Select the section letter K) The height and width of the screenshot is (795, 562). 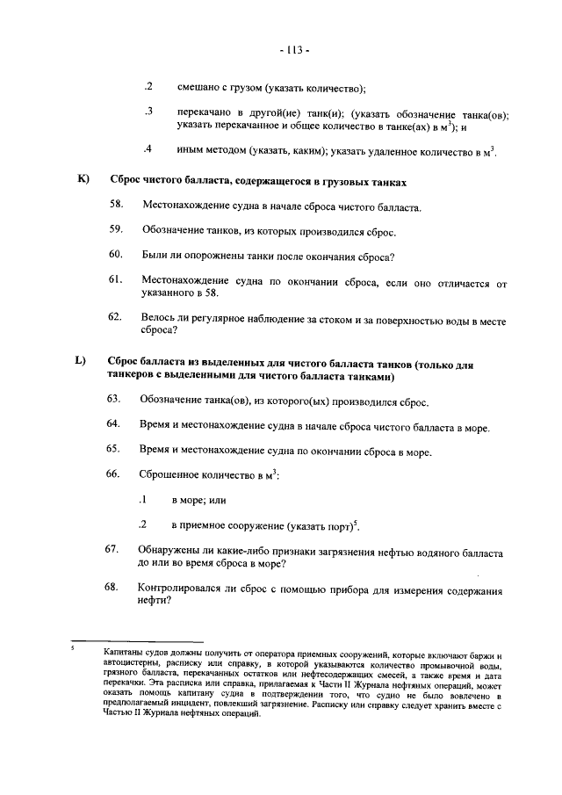point(83,180)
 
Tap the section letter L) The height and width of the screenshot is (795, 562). point(82,360)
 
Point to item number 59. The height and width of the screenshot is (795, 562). point(115,230)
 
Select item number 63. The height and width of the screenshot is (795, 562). point(113,399)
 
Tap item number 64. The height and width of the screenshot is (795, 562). point(113,424)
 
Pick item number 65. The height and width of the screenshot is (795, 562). point(113,449)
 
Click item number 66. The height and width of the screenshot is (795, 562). point(113,474)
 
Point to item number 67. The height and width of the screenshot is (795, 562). point(113,549)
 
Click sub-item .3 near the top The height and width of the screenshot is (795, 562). point(149,112)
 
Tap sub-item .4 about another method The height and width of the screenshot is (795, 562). point(149,148)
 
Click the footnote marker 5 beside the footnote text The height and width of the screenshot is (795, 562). point(74,650)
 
